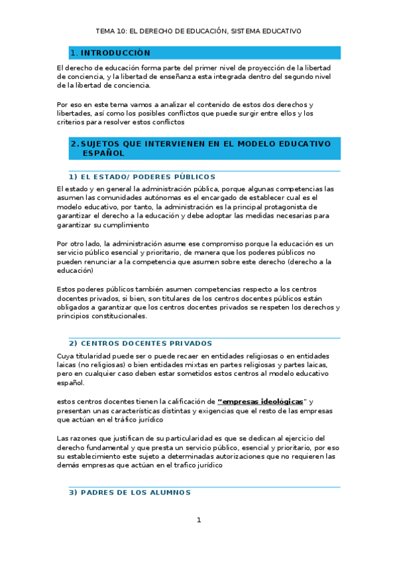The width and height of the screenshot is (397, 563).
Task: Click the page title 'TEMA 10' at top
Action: [x=110, y=31]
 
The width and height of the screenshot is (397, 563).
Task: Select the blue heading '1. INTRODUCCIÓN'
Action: [x=110, y=53]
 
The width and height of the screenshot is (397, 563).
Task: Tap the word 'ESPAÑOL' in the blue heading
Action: [x=103, y=153]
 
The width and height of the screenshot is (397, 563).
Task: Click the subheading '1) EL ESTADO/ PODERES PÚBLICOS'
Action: [x=142, y=177]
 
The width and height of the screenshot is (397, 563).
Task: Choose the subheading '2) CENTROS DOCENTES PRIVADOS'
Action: [x=141, y=343]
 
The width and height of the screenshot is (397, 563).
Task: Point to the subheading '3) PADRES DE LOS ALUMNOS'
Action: [x=130, y=493]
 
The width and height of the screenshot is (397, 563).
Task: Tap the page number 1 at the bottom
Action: [x=198, y=520]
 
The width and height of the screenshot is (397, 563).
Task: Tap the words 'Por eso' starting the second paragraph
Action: [x=70, y=105]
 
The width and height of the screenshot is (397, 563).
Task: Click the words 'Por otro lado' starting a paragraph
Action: [x=81, y=244]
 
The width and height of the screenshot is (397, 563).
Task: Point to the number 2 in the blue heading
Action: [x=73, y=143]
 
